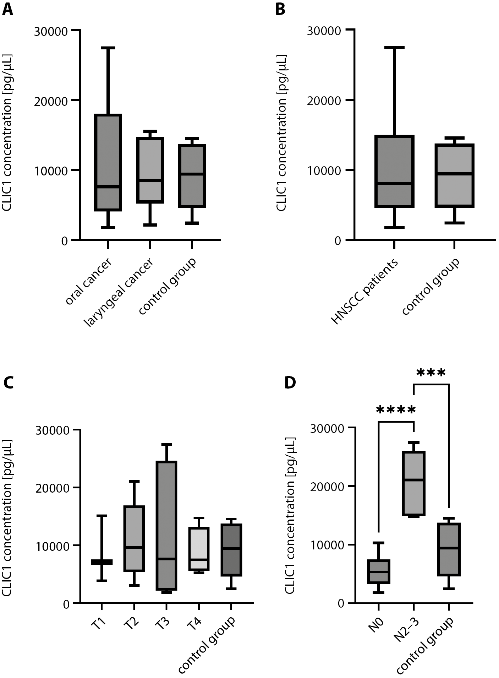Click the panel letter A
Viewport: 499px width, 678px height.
[x=7, y=10]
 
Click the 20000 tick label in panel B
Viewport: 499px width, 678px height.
[x=323, y=101]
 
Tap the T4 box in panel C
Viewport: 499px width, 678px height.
[x=199, y=549]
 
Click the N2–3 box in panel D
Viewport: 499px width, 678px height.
[x=414, y=483]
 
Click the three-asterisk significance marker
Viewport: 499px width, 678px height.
[x=431, y=373]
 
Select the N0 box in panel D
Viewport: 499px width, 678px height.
[x=379, y=571]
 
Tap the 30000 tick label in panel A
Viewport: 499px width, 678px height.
[x=51, y=31]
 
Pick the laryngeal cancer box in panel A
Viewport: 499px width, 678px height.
[x=150, y=170]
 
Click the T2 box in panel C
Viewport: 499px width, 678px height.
[x=133, y=538]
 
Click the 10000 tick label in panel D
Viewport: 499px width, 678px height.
[x=327, y=545]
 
